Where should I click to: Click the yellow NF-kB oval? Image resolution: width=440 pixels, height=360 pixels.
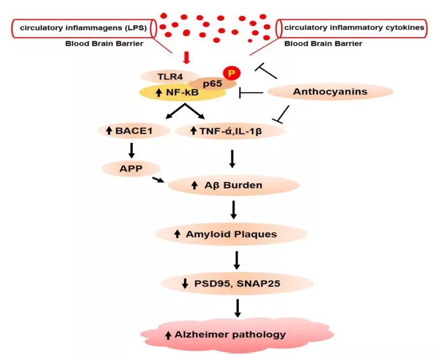pyautogui.click(x=181, y=93)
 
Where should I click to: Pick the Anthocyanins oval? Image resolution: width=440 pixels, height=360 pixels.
pyautogui.click(x=330, y=93)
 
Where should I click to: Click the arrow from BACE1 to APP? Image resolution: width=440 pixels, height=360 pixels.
pyautogui.click(x=131, y=150)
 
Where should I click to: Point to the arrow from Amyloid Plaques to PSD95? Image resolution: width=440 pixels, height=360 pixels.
pyautogui.click(x=237, y=259)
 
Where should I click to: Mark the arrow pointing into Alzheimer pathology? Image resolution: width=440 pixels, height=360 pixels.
pyautogui.click(x=237, y=307)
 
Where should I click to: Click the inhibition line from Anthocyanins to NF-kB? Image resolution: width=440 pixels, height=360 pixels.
pyautogui.click(x=251, y=93)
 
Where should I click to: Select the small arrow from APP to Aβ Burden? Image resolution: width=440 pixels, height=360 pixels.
pyautogui.click(x=156, y=179)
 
